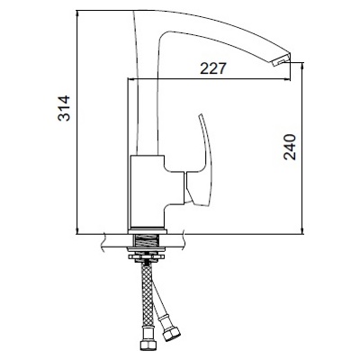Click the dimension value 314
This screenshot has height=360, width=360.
click(x=64, y=108)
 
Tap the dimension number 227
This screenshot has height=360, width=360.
click(x=212, y=69)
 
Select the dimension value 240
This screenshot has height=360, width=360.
click(x=290, y=148)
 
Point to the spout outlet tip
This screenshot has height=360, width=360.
click(x=281, y=61)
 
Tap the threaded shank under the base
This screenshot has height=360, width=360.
click(x=147, y=241)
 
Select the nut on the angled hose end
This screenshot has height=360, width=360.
click(x=170, y=332)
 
